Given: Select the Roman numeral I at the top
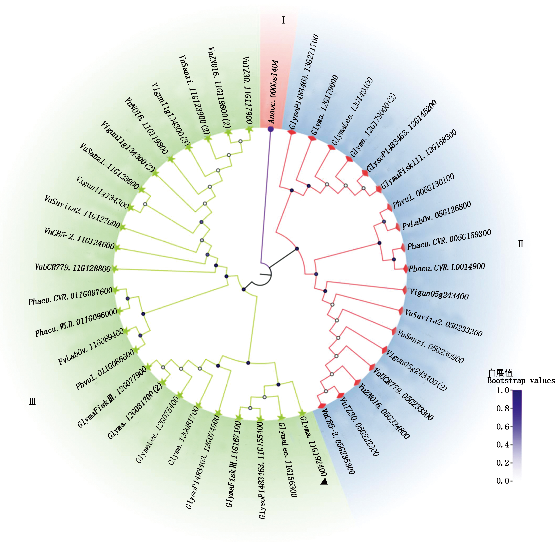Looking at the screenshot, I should pyautogui.click(x=283, y=20).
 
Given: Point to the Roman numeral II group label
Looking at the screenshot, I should pyautogui.click(x=521, y=244).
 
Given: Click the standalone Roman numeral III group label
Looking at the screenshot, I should pyautogui.click(x=32, y=402).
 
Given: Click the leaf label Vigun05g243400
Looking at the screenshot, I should pyautogui.click(x=439, y=294).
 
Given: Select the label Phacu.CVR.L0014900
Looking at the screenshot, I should pyautogui.click(x=447, y=268).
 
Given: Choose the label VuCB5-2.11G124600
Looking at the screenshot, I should pyautogui.click(x=79, y=238).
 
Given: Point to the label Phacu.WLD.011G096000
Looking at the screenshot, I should pyautogui.click(x=76, y=322).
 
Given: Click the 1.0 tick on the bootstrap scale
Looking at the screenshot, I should pyautogui.click(x=503, y=390).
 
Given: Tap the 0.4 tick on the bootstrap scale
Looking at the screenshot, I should pyautogui.click(x=503, y=445).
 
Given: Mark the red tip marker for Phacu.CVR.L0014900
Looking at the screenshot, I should pyautogui.click(x=405, y=269).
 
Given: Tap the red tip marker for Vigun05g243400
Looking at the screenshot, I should pyautogui.click(x=405, y=290).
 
